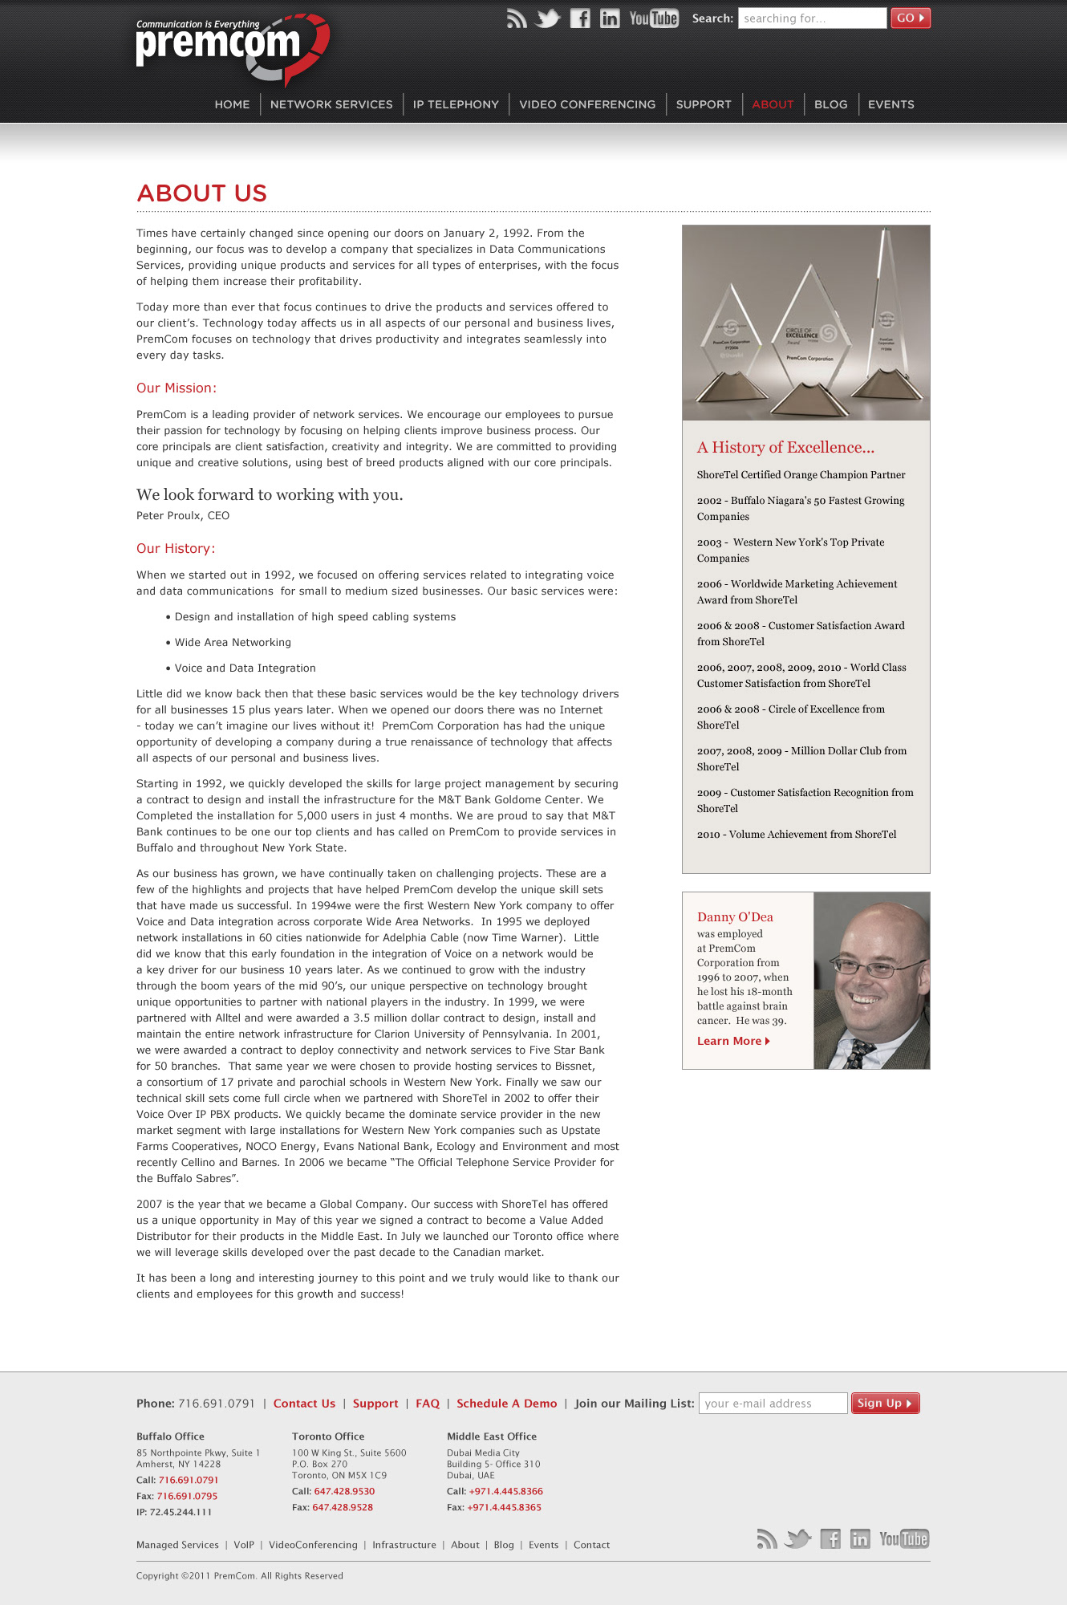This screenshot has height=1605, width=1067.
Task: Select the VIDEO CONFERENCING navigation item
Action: tap(587, 104)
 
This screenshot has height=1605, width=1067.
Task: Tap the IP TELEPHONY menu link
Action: tap(456, 104)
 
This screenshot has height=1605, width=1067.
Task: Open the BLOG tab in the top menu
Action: tap(830, 104)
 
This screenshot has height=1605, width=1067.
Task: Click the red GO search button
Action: tap(910, 18)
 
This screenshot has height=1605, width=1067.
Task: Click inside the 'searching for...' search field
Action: tap(811, 18)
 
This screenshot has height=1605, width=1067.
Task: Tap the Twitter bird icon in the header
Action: tap(548, 18)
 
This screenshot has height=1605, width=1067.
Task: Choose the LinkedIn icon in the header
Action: tap(610, 18)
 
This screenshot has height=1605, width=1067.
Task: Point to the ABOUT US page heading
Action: tap(202, 193)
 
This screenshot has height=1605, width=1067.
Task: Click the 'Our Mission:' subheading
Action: tap(176, 388)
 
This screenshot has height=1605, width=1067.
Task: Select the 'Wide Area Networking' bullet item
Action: tap(233, 643)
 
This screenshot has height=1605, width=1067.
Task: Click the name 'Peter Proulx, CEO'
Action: tap(183, 516)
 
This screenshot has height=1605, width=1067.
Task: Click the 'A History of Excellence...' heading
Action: tap(785, 448)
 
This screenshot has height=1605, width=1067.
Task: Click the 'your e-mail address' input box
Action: tap(773, 1404)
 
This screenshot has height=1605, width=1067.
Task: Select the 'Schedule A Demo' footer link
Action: tap(506, 1404)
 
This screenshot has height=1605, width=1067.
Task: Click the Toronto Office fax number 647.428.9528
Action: tap(343, 1507)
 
